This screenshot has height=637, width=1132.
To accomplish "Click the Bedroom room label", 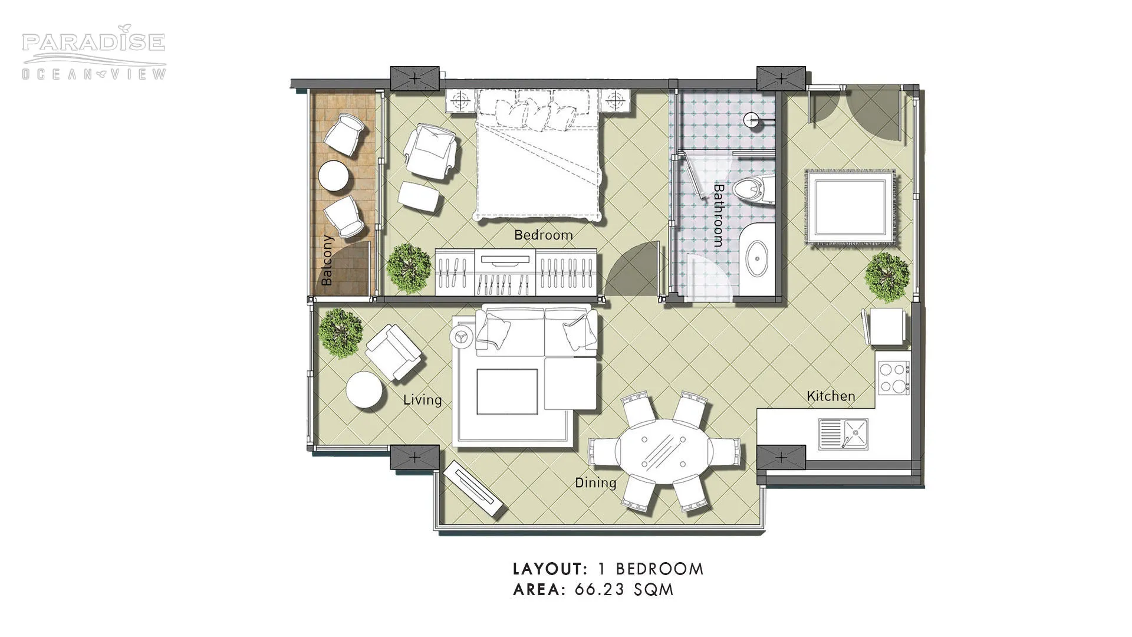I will pos(543,235).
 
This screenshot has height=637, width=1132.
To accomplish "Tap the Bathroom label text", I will pos(718,215).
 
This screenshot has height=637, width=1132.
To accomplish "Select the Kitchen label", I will pos(831,396).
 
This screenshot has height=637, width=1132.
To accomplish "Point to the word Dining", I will pos(595,483).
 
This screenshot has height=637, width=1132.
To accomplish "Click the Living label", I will pos(422,400).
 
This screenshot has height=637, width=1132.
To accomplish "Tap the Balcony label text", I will pos(327,261).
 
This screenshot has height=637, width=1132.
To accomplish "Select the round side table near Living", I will pos(365,390).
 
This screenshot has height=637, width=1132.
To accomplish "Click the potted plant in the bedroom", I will pos(408,268).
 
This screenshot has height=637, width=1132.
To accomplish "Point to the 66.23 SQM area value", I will pos(624,589).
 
